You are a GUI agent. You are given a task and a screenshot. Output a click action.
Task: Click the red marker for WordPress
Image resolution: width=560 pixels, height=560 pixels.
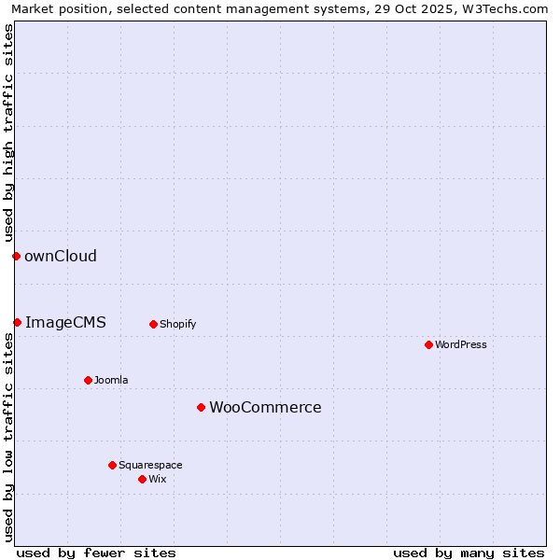coord(428,344)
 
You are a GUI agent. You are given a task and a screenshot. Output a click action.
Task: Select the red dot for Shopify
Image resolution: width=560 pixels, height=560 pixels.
coord(153,324)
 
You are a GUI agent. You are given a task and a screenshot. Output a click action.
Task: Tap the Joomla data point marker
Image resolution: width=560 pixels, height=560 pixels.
coord(88,380)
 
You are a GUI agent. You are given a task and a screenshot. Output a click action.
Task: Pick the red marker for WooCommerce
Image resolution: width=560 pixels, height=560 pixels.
coord(201,407)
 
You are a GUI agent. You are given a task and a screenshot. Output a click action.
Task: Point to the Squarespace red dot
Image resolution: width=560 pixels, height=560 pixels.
coord(112,465)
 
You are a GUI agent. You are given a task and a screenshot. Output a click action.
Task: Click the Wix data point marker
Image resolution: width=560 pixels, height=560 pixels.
coord(142,479)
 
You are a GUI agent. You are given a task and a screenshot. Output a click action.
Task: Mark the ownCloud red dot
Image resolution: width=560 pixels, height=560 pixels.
coord(16,256)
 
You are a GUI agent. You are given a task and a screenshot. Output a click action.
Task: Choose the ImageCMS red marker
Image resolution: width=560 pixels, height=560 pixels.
coord(17,322)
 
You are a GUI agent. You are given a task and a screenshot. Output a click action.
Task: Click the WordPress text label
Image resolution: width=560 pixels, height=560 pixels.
coord(461,344)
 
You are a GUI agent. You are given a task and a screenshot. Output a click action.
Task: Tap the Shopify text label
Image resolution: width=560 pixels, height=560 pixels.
coord(177,324)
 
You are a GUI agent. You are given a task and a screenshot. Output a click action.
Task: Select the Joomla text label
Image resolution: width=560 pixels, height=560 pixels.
coord(111,380)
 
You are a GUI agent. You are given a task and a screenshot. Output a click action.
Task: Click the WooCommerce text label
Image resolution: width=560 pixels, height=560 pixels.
coord(265,407)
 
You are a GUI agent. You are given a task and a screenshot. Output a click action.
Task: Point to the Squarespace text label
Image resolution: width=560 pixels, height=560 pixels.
coord(150,465)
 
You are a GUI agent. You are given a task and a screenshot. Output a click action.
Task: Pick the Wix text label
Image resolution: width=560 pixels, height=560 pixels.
coord(158,479)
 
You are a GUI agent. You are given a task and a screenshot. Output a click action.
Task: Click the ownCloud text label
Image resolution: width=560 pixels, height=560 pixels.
coord(61,256)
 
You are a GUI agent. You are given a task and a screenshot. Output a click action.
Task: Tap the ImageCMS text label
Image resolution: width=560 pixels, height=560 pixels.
coord(65,322)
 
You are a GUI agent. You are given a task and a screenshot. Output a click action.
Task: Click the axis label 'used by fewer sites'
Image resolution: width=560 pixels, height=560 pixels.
coord(96,553)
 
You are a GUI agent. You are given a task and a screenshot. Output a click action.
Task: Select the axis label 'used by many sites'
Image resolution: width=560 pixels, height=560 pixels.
coord(469,553)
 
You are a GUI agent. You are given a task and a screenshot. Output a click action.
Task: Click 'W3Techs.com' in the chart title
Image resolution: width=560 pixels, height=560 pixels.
coord(505,8)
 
